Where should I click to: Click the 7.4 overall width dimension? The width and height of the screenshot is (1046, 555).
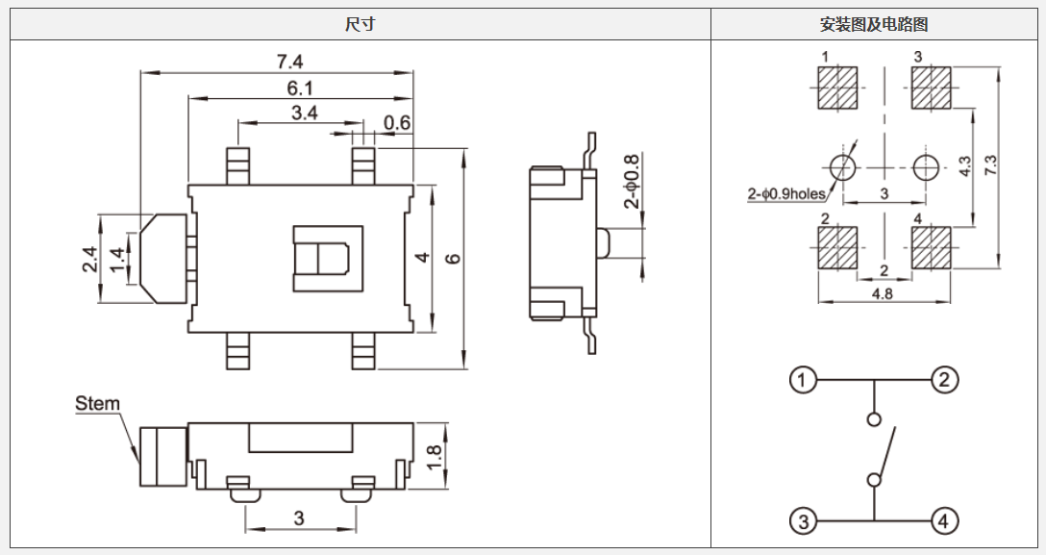pos(289,62)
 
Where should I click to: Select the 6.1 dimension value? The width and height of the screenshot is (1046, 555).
pos(300,88)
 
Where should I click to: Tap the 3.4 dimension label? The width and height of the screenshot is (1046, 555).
pos(305,113)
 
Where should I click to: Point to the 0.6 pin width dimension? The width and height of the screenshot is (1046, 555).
pos(397,122)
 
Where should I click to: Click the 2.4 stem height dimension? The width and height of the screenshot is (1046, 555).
pos(89,260)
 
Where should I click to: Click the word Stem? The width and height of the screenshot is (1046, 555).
pos(98,404)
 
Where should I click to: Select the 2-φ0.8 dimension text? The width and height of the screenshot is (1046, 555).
pos(632,182)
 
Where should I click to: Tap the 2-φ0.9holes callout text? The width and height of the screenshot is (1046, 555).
pos(786,194)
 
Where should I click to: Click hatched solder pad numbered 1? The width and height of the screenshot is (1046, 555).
pos(837,88)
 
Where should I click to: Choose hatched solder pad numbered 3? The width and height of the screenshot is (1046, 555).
pos(930,88)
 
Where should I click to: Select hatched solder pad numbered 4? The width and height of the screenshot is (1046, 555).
pos(930,247)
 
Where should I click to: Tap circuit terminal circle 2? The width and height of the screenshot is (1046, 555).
pos(944,380)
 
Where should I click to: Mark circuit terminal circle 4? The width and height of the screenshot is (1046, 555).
pos(944,521)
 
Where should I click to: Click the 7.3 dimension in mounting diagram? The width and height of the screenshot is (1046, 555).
pos(990,164)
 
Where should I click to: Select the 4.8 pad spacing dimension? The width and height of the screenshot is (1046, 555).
pos(882,294)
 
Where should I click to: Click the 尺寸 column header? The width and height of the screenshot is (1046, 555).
pos(360,24)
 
